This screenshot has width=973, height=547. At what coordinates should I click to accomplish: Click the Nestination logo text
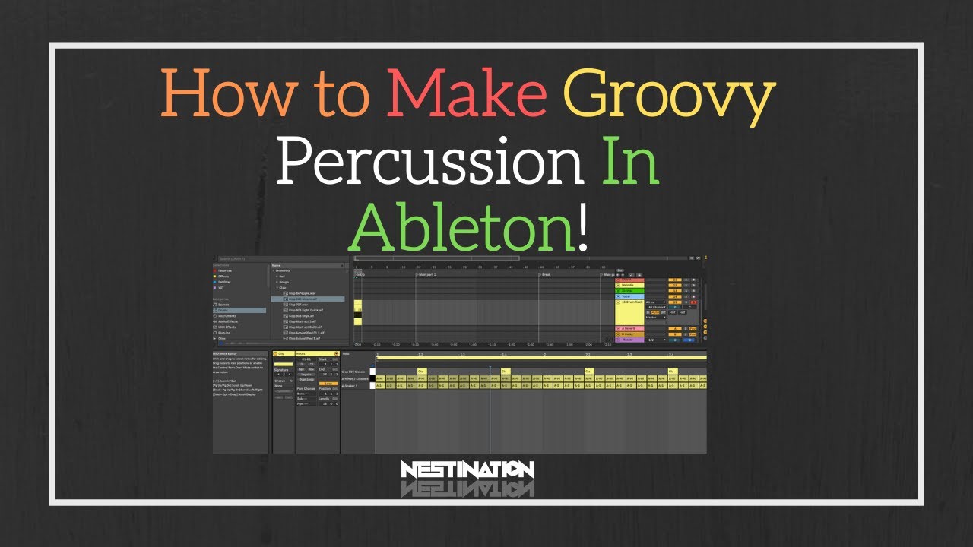click(467, 470)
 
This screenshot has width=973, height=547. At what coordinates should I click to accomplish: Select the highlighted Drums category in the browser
click(225, 310)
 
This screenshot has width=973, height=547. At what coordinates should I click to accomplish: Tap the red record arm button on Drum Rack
click(693, 302)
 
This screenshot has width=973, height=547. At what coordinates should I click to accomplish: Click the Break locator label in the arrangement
click(545, 274)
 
